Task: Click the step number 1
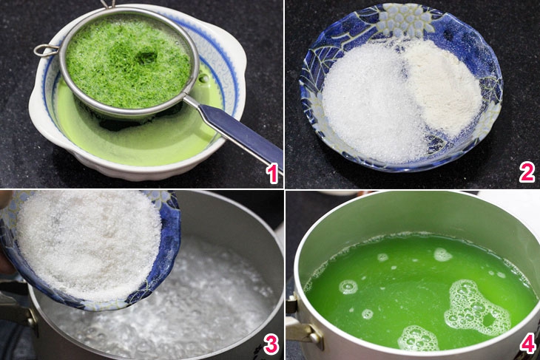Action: pyautogui.click(x=272, y=173)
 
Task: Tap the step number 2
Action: pyautogui.click(x=527, y=172)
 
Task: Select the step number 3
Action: pyautogui.click(x=271, y=344)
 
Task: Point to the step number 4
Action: pyautogui.click(x=527, y=343)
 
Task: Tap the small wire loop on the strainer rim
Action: pyautogui.click(x=45, y=50)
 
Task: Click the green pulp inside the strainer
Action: pyautogui.click(x=128, y=63)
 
